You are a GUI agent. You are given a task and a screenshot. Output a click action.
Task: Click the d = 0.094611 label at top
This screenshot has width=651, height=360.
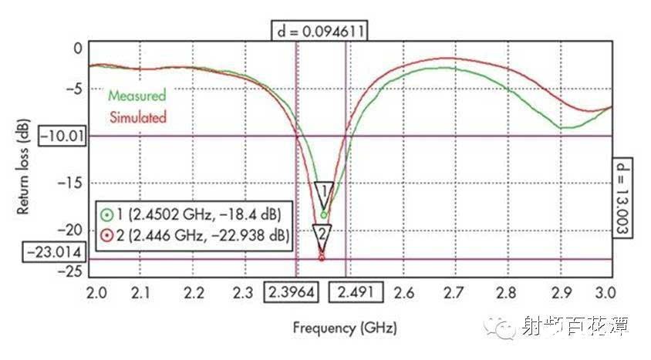point(319,31)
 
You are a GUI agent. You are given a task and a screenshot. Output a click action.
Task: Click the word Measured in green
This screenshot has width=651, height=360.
point(137,96)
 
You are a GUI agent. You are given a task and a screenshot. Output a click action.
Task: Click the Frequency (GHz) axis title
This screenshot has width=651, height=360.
point(345,328)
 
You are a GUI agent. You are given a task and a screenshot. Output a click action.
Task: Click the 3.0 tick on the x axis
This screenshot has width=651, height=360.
point(606,293)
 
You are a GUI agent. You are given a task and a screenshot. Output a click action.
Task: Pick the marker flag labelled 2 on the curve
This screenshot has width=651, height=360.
point(322,233)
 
